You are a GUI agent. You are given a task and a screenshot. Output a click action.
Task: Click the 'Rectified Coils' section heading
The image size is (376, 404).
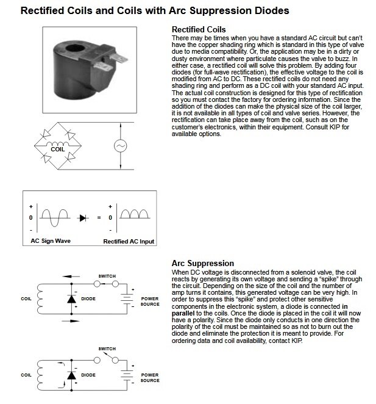coord(199,30)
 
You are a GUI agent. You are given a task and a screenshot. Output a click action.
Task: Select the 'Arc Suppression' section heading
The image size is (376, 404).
coord(203,263)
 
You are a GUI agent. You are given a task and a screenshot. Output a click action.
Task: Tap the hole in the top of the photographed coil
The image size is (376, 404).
coord(76,48)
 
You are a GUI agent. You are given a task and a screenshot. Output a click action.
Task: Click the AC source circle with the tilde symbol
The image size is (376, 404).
coord(121,146)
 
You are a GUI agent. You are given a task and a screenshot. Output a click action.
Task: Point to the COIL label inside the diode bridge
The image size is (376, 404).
coord(58,150)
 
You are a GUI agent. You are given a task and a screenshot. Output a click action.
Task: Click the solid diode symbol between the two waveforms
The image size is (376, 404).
coord(83,218)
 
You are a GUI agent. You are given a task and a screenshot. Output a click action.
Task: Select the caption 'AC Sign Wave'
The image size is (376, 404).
coord(51,241)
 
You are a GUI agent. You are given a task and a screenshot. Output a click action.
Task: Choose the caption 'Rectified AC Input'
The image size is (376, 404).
coord(129,242)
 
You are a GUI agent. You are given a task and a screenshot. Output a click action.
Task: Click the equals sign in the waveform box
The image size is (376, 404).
coord(99,218)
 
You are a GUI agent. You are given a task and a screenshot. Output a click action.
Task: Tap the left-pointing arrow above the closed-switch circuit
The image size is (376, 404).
coord(71,276)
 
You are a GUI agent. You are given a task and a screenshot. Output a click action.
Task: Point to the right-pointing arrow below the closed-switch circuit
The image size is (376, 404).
coord(71,321)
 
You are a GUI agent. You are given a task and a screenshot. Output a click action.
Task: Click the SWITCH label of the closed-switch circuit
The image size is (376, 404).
coord(107,276)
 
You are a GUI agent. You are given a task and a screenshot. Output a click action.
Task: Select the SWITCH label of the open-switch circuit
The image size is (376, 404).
coord(107,349)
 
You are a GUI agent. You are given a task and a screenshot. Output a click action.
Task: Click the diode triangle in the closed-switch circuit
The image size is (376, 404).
coord(71,299)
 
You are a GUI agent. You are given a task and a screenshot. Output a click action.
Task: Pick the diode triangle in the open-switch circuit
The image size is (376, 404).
coord(71,375)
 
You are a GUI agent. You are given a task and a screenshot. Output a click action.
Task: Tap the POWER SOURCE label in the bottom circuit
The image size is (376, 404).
coord(150,378)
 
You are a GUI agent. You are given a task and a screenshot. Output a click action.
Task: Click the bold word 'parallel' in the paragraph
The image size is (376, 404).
coord(183,313)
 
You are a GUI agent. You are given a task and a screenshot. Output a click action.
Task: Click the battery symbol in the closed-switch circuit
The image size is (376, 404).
coord(127,299)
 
